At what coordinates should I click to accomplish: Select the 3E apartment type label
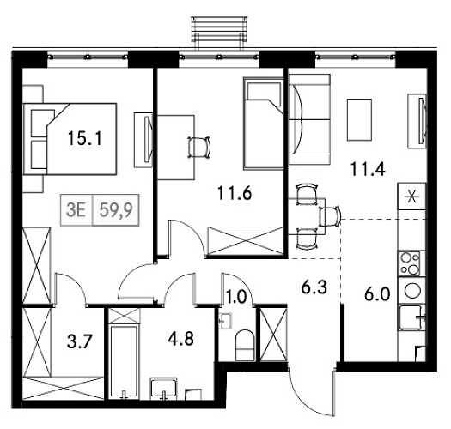(76, 207)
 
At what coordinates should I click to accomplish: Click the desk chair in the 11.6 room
(199, 147)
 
